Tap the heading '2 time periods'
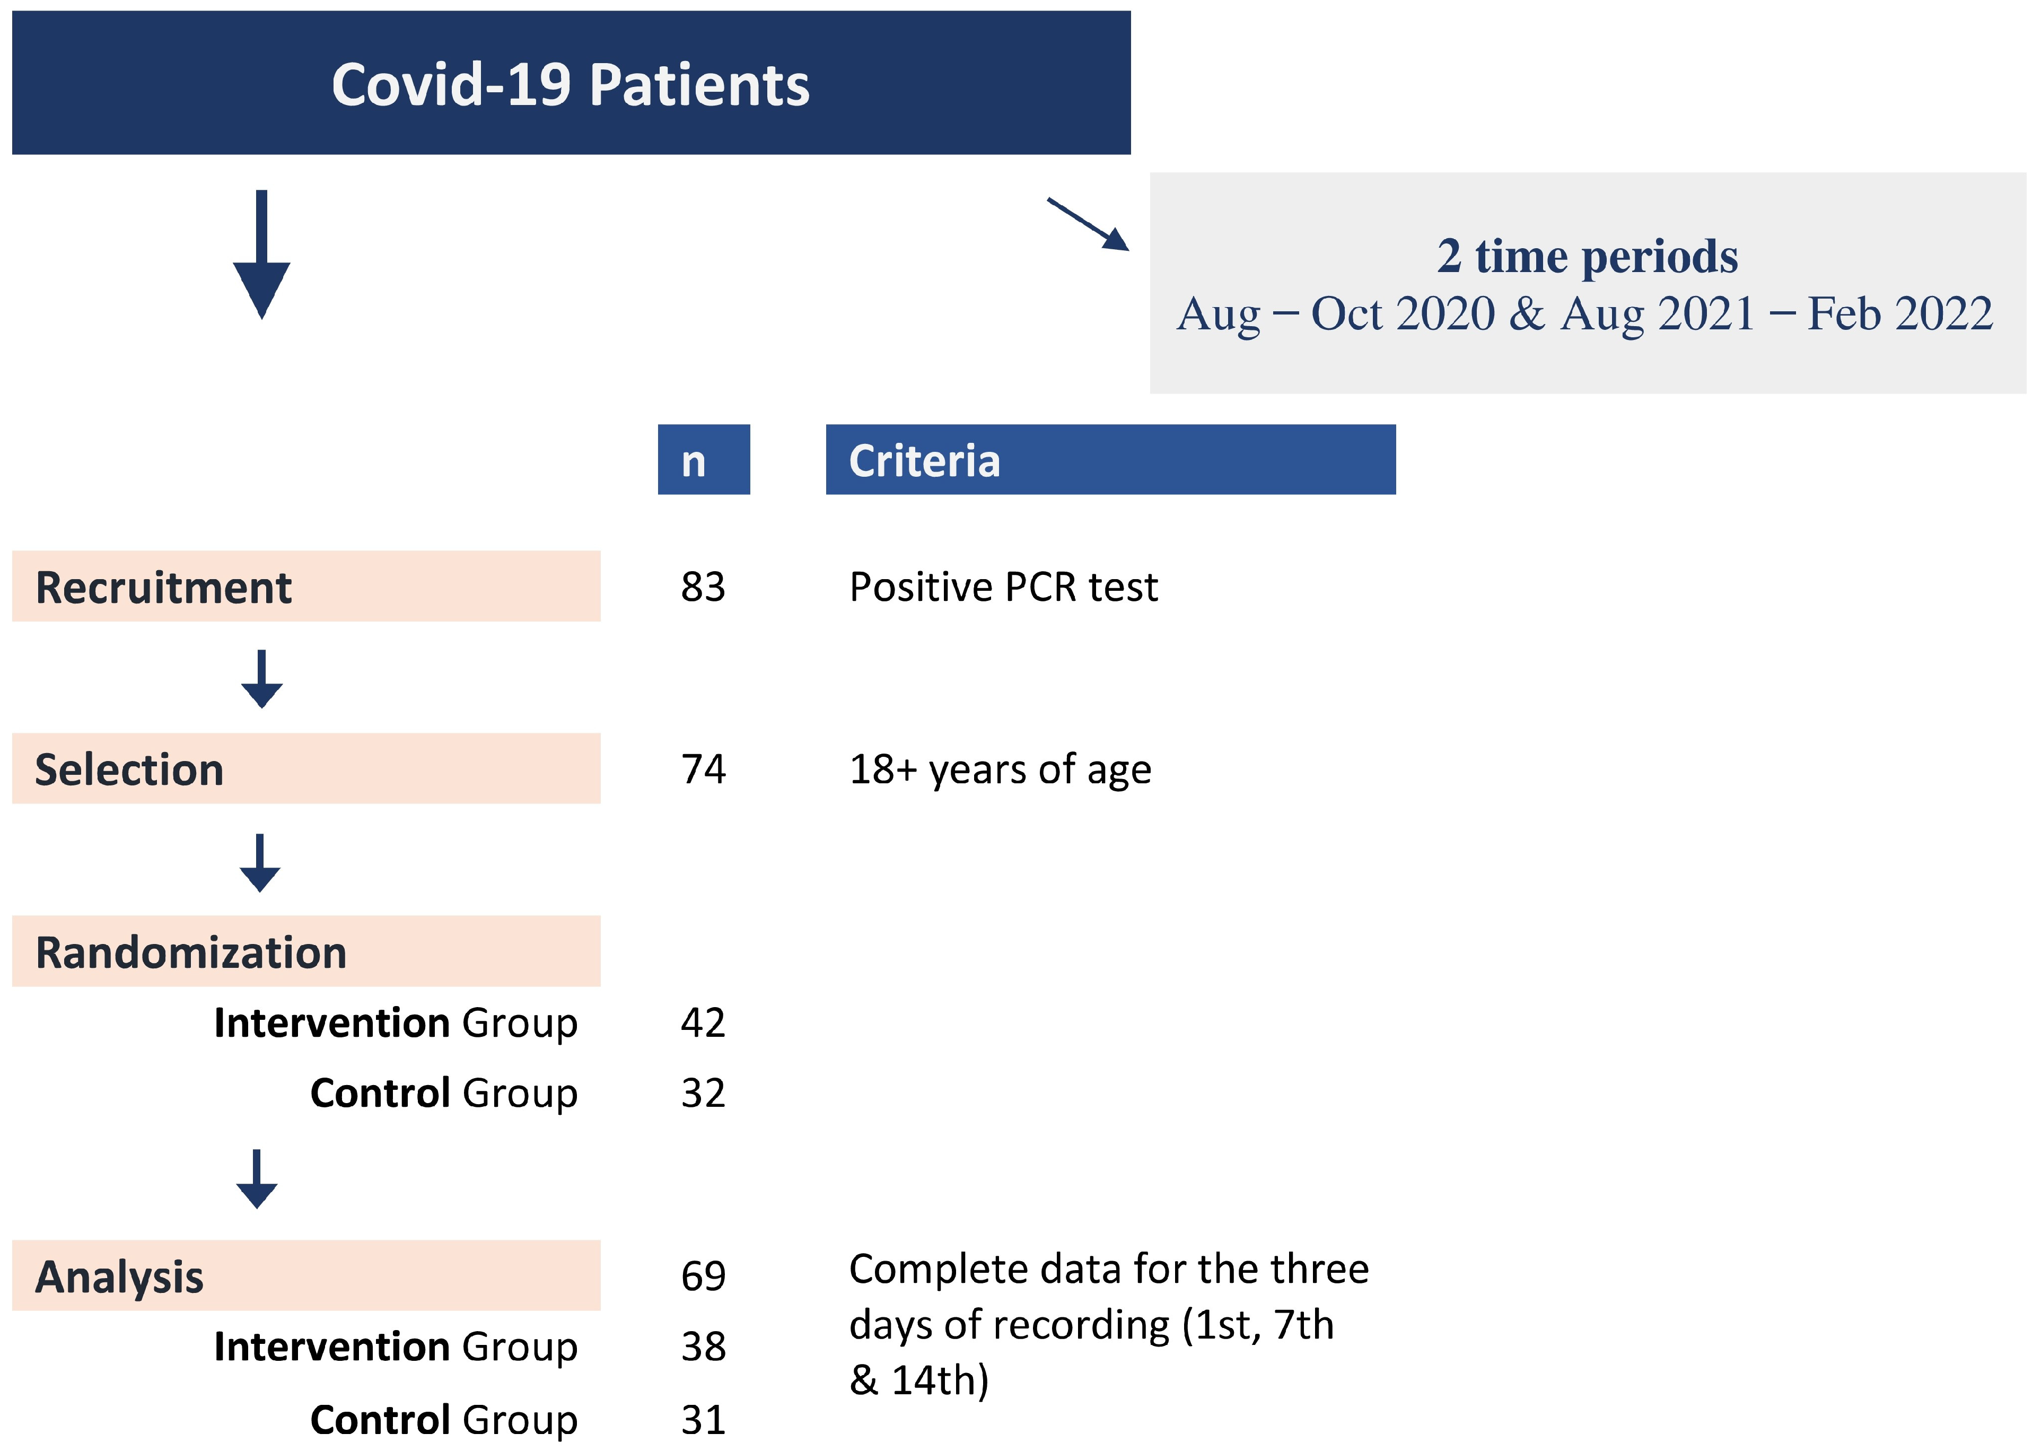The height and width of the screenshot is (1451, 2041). click(1587, 257)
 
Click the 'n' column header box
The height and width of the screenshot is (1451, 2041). click(703, 460)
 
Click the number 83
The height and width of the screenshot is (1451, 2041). click(703, 587)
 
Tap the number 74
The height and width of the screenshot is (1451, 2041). click(703, 770)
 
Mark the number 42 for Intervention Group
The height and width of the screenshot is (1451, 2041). click(703, 1022)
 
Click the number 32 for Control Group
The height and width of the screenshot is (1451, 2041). click(703, 1092)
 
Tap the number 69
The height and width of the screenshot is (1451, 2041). click(703, 1276)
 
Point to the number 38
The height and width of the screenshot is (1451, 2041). click(703, 1347)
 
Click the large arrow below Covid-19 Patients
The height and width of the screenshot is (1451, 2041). click(262, 255)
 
